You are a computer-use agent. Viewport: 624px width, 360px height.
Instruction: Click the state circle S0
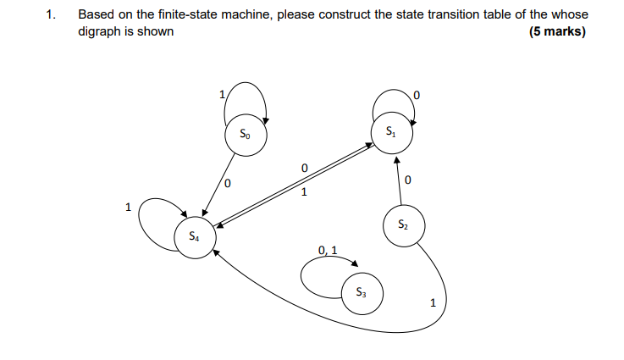click(x=246, y=133)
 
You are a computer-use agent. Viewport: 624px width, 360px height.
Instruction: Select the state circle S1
click(x=390, y=133)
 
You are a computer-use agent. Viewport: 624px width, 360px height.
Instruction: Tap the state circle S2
click(x=403, y=225)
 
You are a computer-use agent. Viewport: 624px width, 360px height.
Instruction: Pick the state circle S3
click(x=362, y=292)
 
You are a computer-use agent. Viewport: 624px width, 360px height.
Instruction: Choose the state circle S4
click(x=195, y=236)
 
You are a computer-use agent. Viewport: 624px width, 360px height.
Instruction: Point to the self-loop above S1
click(x=394, y=95)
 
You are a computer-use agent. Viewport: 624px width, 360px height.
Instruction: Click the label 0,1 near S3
click(x=328, y=250)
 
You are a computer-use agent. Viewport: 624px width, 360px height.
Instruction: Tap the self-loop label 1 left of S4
click(x=128, y=206)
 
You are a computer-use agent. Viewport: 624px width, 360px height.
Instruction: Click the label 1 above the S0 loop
click(x=222, y=95)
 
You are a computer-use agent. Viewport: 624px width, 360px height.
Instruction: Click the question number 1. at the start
click(x=52, y=15)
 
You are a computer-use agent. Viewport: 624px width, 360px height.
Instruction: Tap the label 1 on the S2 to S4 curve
click(x=433, y=302)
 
